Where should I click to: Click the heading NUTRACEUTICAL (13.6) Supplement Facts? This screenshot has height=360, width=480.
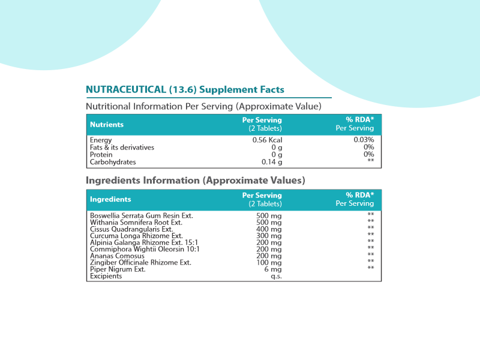tap(185, 89)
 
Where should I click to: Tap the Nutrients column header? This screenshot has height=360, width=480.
tap(107, 125)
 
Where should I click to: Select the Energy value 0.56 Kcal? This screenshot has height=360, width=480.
tap(267, 140)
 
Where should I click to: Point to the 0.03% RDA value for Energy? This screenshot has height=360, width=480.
tap(364, 140)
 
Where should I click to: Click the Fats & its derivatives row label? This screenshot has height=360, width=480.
tap(122, 147)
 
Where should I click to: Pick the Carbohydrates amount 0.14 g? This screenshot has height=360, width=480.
tap(272, 162)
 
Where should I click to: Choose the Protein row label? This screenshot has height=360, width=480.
tap(101, 155)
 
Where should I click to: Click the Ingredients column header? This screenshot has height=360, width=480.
tap(110, 199)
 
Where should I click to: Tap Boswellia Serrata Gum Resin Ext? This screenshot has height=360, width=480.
tap(142, 215)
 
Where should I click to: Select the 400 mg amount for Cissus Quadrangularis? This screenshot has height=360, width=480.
tap(269, 229)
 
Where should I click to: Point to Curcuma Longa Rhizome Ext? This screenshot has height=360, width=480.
tap(136, 236)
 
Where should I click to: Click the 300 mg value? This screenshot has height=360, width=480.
tap(269, 236)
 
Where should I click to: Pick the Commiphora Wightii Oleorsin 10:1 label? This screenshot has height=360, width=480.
tap(145, 249)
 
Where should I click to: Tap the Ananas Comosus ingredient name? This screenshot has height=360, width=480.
tap(117, 256)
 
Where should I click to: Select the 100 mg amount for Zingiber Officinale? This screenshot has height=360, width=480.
tap(269, 262)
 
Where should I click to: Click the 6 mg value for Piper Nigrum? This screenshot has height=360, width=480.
tap(273, 269)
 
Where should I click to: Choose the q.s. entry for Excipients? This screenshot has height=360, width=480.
tap(276, 276)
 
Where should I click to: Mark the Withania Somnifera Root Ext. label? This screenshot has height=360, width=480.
tap(136, 222)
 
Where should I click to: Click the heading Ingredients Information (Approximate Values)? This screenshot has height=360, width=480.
tap(196, 181)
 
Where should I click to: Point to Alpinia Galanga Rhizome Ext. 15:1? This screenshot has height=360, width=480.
tap(144, 242)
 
